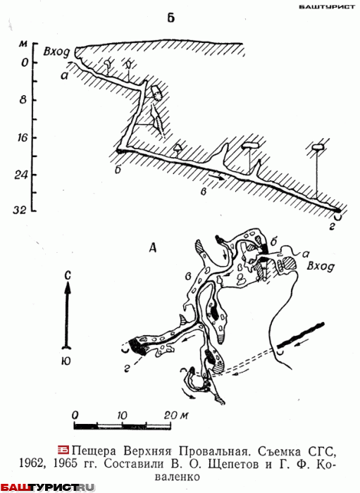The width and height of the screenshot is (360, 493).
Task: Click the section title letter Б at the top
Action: [x=170, y=18]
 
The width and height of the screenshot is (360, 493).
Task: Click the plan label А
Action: [x=153, y=249]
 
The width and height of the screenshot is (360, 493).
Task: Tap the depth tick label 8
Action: [x=23, y=100]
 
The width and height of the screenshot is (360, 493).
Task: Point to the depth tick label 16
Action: [x=20, y=137]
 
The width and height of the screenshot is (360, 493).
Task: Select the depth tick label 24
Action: [x=21, y=175]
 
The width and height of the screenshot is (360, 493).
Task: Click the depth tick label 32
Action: [x=20, y=211]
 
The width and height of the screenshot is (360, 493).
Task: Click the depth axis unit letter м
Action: [x=23, y=44]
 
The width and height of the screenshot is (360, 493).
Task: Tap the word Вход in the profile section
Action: [x=56, y=52]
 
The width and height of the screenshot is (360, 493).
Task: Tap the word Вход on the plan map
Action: [x=321, y=267]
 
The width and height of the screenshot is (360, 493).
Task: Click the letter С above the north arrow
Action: [x=68, y=276]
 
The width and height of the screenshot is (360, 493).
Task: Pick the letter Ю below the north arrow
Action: [x=66, y=361]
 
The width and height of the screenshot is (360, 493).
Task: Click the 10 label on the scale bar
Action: [x=123, y=416]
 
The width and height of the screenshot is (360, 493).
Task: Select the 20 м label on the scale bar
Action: [x=176, y=416]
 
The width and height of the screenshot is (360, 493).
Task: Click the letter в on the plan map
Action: [x=189, y=277]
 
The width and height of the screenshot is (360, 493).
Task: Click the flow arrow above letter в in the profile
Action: [x=216, y=176]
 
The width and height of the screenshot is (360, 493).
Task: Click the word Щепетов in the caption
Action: [x=240, y=464]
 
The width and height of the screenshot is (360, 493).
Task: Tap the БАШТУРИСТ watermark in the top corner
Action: [x=327, y=6]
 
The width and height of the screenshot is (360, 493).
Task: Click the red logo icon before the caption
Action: [x=63, y=450]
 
